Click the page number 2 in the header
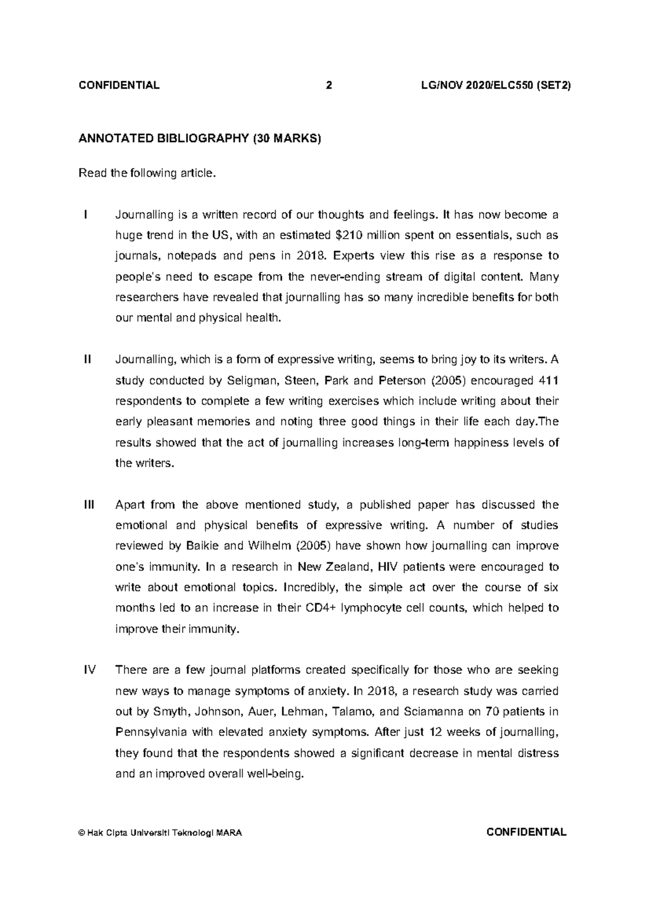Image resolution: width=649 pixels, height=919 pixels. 328,86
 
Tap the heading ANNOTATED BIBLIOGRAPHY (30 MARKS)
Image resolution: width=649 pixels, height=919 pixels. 200,139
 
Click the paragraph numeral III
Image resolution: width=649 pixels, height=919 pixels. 89,505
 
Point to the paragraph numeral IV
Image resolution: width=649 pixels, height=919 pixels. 89,670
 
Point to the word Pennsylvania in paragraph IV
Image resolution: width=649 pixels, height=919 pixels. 151,732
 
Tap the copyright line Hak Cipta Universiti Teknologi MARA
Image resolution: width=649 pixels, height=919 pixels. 160,833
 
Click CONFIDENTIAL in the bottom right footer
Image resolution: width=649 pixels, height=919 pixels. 526,832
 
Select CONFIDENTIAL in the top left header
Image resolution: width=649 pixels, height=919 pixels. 119,86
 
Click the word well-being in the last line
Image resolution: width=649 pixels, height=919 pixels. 275,773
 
